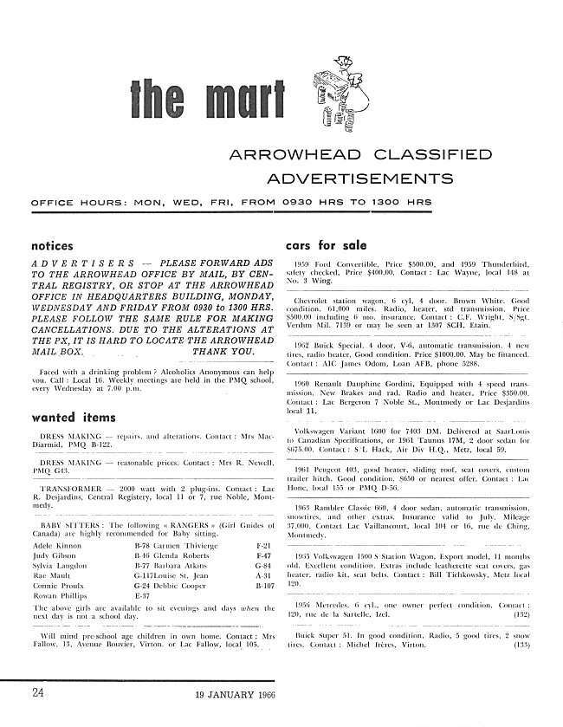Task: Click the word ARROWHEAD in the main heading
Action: click(x=276, y=155)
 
